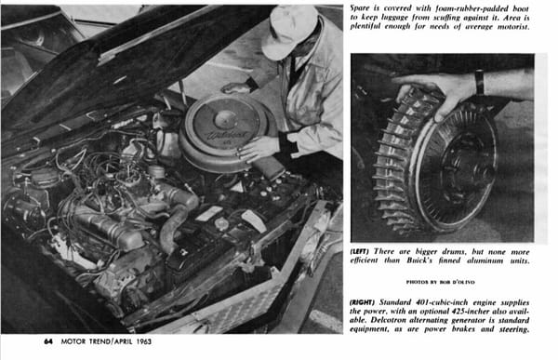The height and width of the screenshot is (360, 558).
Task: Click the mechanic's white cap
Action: pos(288,32)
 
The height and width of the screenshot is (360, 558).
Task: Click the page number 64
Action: pos(48,341)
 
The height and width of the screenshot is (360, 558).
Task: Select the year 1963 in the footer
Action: pos(144,341)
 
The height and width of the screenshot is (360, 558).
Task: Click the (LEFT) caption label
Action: pos(359,252)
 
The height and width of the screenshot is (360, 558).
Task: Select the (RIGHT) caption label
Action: pos(362,302)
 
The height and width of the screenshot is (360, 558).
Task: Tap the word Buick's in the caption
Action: pos(419,260)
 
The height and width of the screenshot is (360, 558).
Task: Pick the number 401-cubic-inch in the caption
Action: pos(442,302)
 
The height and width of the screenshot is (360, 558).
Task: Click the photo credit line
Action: pos(441,282)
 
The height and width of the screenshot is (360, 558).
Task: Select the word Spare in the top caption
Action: pos(359,8)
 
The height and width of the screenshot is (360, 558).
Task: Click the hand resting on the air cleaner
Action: pos(257,148)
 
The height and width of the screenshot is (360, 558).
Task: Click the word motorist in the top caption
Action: pos(514,26)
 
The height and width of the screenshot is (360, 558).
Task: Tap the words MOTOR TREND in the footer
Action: pos(86,341)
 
